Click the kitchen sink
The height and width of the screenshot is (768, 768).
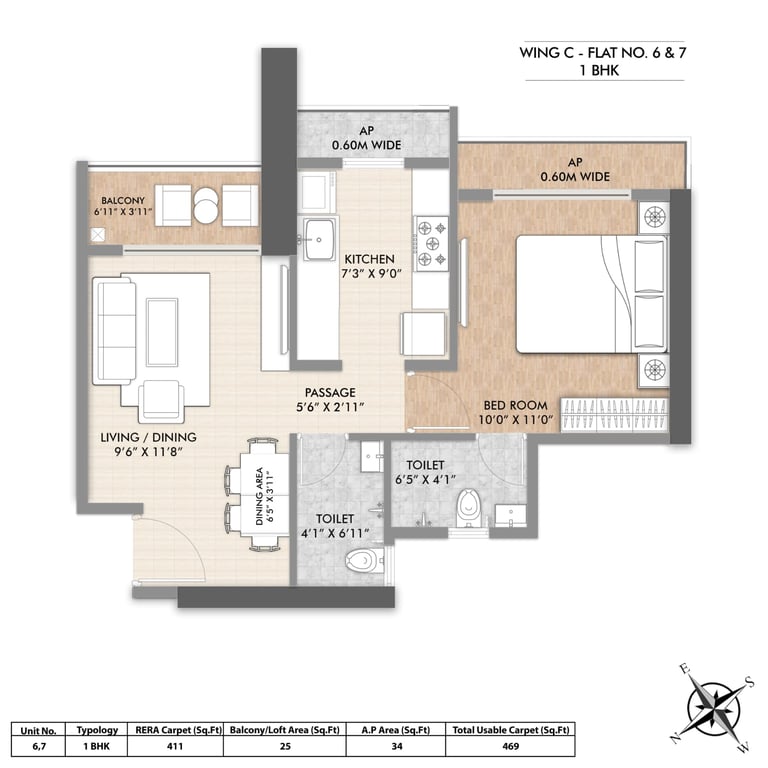(x=319, y=240)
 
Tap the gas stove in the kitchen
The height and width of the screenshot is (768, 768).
(x=432, y=243)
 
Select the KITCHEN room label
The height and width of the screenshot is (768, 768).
(x=369, y=259)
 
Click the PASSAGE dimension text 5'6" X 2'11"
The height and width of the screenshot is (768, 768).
(x=331, y=407)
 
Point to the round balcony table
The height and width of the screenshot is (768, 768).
(x=206, y=205)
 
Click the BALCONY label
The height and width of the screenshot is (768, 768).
(x=123, y=200)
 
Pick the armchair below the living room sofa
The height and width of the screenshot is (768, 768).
(x=161, y=401)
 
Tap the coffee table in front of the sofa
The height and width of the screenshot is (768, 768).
(x=162, y=332)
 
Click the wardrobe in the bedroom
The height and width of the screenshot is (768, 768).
(x=614, y=415)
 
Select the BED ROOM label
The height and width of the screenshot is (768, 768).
(x=515, y=406)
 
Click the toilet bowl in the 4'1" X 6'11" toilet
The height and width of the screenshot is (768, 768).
(x=364, y=560)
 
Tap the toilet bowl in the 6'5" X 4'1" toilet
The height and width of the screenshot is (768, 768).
(x=469, y=508)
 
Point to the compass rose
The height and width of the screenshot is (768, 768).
(x=713, y=707)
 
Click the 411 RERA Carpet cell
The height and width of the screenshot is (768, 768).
(x=175, y=746)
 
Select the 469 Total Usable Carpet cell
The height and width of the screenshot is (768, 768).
(x=510, y=746)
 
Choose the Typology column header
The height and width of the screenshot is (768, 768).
(x=97, y=730)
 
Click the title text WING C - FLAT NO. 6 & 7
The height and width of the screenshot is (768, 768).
(x=603, y=52)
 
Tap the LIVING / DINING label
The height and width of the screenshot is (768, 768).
(x=148, y=437)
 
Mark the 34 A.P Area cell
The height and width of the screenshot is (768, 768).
(x=396, y=746)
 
